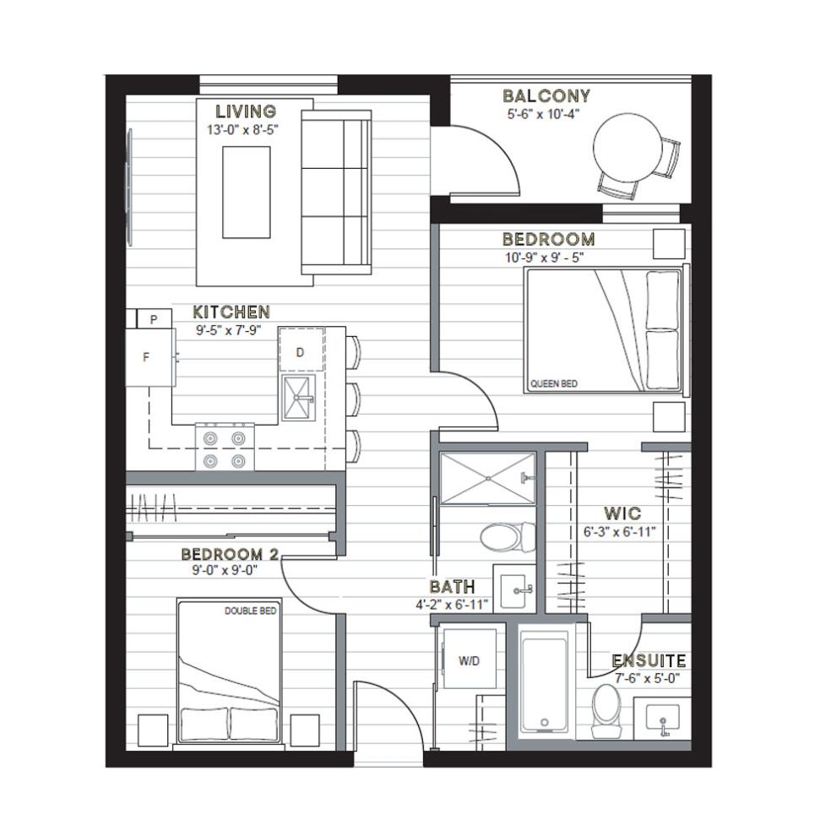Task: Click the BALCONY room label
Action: (x=546, y=96)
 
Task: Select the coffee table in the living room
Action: (x=247, y=192)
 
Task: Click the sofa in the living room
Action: (x=336, y=193)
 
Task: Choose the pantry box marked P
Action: (x=154, y=319)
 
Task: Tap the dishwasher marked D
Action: (x=301, y=350)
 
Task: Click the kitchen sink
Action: (x=299, y=398)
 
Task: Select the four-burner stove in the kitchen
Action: (x=225, y=447)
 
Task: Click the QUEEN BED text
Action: (x=554, y=383)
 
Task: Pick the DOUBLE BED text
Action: (x=251, y=611)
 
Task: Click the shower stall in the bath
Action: (x=487, y=478)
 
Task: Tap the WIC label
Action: (x=622, y=514)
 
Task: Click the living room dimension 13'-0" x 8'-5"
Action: (x=243, y=129)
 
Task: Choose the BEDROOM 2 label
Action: (x=230, y=555)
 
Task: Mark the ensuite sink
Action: (x=663, y=718)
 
